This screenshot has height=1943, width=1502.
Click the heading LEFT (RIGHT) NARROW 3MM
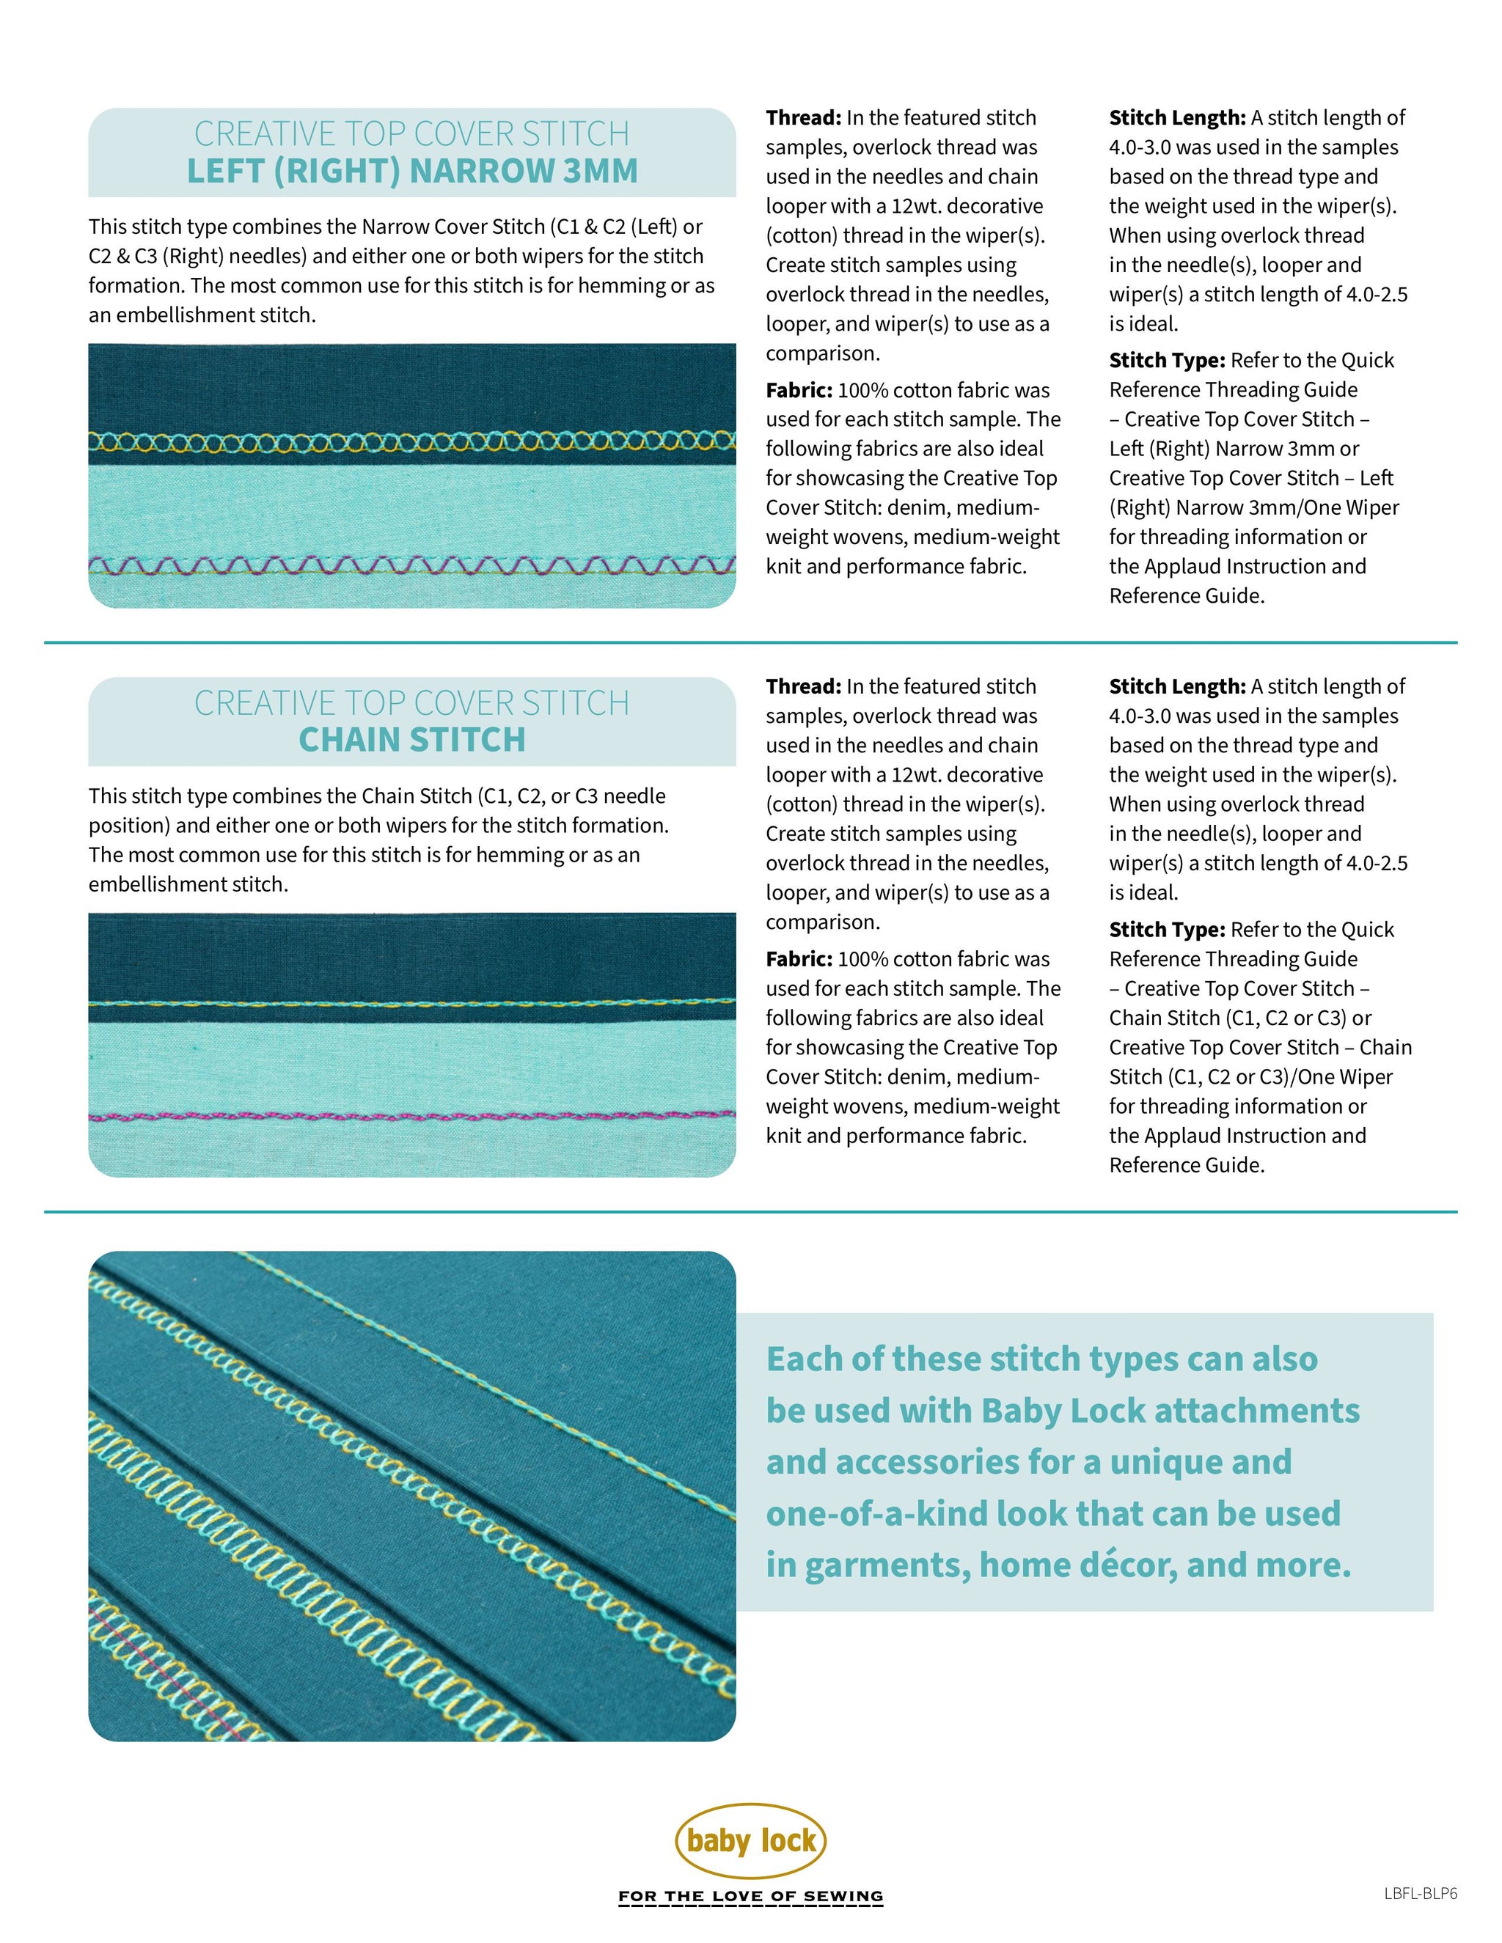412,171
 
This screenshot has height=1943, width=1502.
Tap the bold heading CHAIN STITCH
412,739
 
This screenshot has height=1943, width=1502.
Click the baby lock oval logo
751,1840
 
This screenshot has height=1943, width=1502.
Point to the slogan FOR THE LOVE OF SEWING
751,1897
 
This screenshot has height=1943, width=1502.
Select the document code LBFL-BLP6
1420,1893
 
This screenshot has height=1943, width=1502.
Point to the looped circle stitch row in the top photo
412,441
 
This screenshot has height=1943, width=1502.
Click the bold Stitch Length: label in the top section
1177,118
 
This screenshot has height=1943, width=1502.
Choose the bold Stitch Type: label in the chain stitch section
1167,930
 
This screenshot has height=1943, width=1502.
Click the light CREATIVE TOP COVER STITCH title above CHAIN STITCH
412,703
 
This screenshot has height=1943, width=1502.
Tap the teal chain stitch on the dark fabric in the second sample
412,1002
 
